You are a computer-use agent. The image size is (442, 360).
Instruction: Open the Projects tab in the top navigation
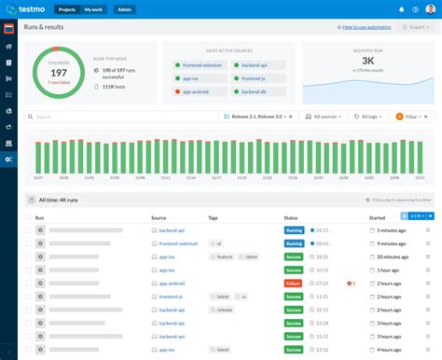tap(67, 9)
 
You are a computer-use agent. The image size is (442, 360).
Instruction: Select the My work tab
tap(94, 9)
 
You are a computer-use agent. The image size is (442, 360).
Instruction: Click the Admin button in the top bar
tap(123, 9)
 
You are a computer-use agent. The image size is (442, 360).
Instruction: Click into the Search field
tap(121, 117)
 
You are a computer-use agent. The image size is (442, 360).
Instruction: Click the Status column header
tap(291, 217)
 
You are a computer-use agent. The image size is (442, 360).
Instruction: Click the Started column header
tap(377, 217)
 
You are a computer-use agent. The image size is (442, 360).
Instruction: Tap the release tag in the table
tap(223, 309)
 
